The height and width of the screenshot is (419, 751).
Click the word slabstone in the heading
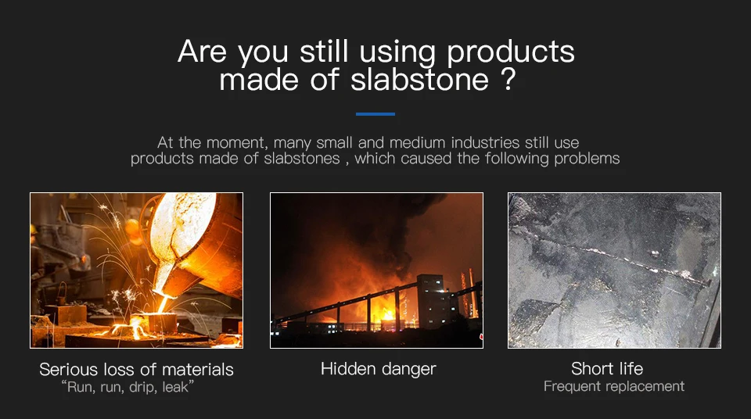419,80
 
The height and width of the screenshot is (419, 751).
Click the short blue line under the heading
375,114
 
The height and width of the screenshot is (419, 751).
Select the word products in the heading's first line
511,52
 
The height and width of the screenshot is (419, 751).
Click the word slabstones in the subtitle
302,159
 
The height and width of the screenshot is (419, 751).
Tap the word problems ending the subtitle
587,159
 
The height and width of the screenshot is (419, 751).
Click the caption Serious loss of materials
136,370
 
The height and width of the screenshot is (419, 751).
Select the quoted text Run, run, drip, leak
128,387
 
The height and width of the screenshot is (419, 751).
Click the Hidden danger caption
379,369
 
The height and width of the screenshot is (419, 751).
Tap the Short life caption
607,369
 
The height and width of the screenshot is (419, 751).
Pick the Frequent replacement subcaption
614,386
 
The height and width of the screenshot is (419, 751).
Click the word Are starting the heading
202,52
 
